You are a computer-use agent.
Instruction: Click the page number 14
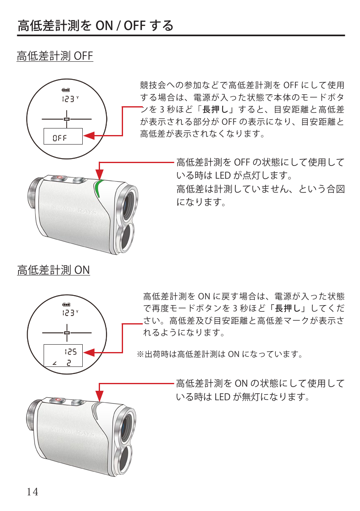(x=33, y=492)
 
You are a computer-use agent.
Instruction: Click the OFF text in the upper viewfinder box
(x=60, y=138)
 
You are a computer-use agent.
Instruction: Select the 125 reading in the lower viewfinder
(x=71, y=352)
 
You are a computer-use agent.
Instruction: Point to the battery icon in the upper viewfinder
(x=66, y=90)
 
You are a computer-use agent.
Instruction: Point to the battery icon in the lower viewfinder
(x=66, y=305)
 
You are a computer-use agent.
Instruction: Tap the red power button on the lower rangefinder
(x=58, y=400)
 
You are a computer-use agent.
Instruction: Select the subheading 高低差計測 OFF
(x=55, y=56)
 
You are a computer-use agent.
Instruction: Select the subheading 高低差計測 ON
(x=53, y=270)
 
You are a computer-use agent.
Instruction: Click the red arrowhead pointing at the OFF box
(x=89, y=136)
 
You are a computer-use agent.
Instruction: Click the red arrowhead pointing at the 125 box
(x=89, y=352)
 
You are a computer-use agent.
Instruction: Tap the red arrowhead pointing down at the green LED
(x=100, y=174)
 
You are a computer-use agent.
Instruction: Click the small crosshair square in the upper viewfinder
(x=67, y=119)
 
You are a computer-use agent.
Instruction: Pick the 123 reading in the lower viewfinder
(x=68, y=313)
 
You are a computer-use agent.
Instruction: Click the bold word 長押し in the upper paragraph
(x=216, y=110)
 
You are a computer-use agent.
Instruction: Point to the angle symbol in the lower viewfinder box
(x=54, y=363)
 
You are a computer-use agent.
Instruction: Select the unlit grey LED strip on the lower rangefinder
(x=95, y=410)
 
